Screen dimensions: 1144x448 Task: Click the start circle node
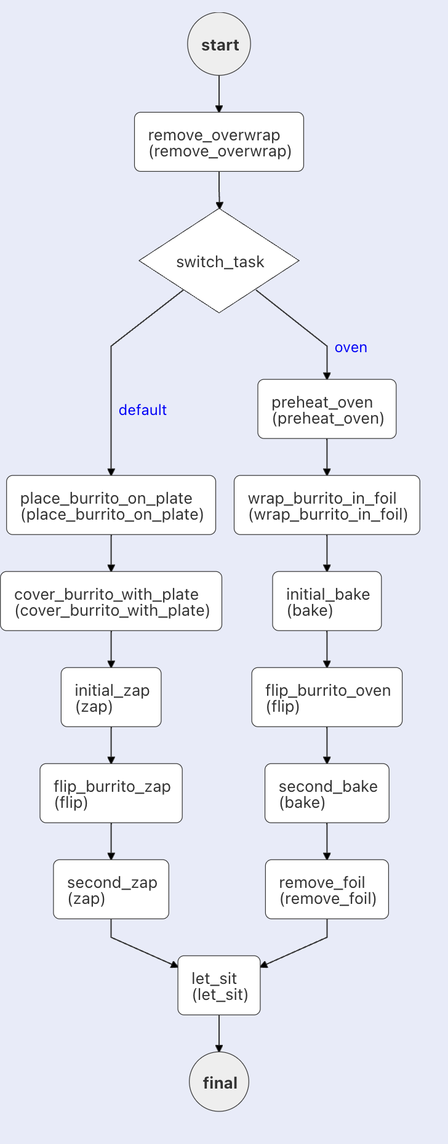219,45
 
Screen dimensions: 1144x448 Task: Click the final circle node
219,1082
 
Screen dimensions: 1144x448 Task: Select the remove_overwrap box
219,142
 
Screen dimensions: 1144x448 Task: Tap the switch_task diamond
219,261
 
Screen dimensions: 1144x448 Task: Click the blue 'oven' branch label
351,347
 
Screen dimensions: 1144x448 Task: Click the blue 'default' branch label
142,410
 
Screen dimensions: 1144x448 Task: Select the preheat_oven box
327,409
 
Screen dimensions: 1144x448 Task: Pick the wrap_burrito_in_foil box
327,506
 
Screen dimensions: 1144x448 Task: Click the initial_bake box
327,602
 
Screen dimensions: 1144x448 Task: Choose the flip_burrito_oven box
327,698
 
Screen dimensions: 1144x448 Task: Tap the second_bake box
327,794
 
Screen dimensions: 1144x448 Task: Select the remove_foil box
327,890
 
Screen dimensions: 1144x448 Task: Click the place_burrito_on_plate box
111,506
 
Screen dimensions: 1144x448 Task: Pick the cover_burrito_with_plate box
111,602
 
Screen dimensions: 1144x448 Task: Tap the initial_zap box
111,698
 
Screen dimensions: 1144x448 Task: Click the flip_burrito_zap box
111,794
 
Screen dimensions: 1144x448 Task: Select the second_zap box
111,890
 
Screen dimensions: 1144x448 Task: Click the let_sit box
219,986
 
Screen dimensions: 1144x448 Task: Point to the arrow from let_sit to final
219,1033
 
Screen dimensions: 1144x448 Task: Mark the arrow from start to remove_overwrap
219,94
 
